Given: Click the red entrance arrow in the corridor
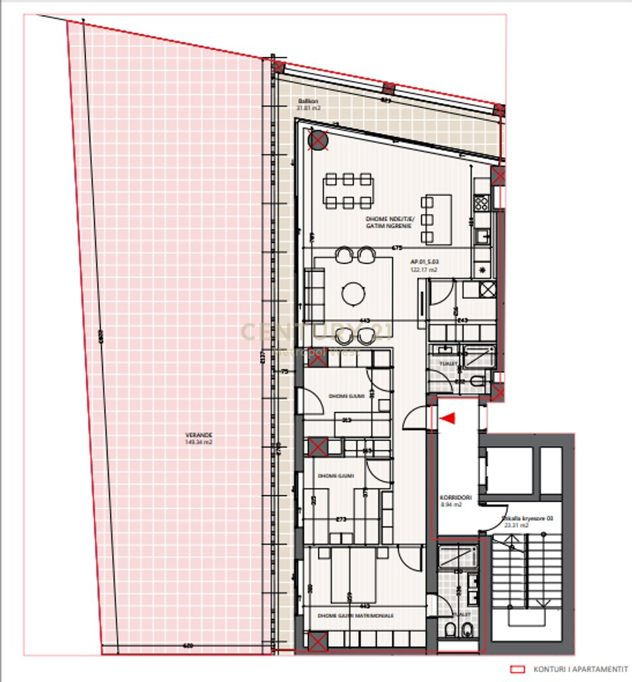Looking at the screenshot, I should [447, 420].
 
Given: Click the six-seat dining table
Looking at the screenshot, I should [348, 190].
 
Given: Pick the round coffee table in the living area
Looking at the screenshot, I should [353, 292].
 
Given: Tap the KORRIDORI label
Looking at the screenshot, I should [450, 497].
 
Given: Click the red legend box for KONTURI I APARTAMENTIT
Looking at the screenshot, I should [518, 669].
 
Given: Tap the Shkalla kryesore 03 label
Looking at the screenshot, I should [528, 519].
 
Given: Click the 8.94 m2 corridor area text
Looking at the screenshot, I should [451, 505].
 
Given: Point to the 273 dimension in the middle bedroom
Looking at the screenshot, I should [341, 519].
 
